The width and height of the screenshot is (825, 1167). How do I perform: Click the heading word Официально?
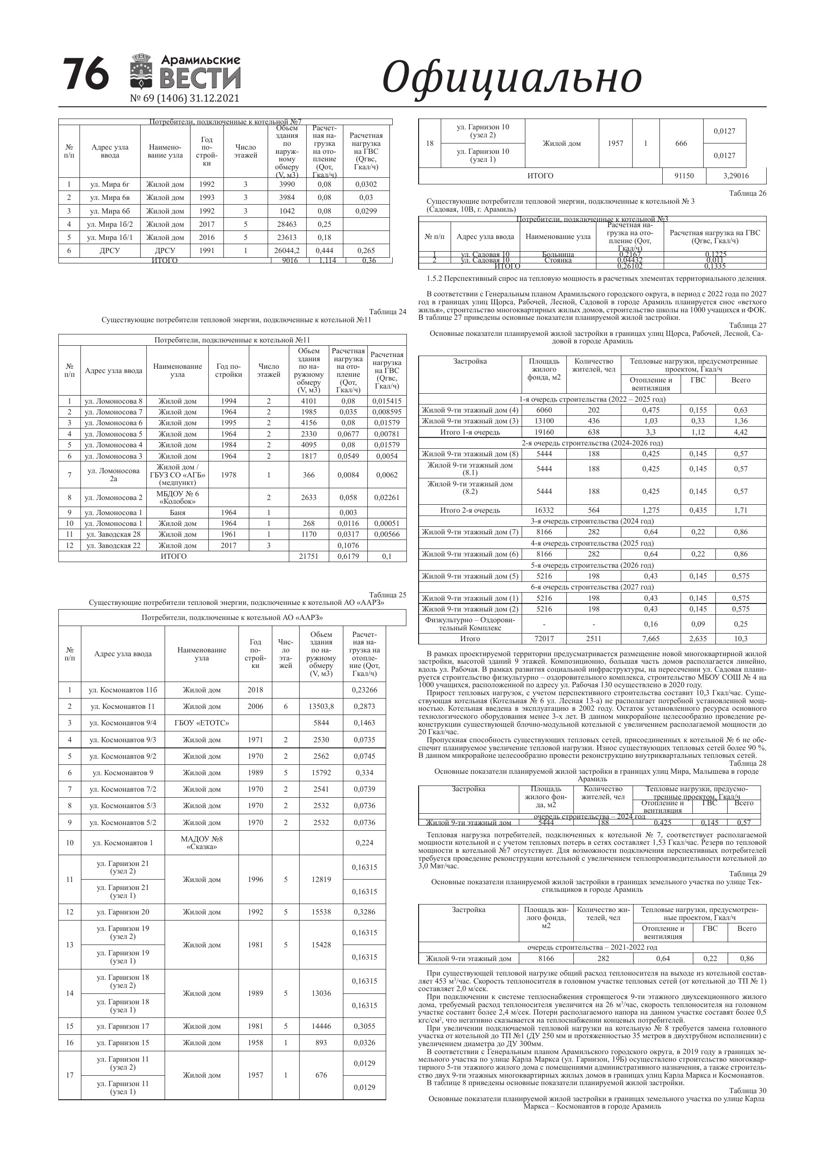coord(511,78)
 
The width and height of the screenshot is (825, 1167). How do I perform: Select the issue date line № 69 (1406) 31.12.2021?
coord(184,99)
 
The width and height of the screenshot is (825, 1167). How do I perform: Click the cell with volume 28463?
coord(287,224)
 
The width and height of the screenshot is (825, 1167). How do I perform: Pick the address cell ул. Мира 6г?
coord(110,184)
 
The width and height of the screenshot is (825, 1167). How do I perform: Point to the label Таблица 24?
coord(388,311)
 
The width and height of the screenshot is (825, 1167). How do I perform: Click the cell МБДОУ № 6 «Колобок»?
coord(177,498)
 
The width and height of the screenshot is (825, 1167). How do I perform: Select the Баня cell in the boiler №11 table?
coord(177,512)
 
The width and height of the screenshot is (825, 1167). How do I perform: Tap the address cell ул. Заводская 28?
coord(113,534)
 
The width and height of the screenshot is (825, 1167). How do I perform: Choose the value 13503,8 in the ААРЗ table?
coord(321,707)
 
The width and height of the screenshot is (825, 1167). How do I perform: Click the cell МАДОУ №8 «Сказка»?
coord(202,843)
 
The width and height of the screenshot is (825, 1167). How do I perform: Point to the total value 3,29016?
coord(736,176)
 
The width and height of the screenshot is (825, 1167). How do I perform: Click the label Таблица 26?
coord(747,193)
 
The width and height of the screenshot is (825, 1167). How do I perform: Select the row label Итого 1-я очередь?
coord(470,432)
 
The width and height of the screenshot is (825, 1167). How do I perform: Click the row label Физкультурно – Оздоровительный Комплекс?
coord(470,624)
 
